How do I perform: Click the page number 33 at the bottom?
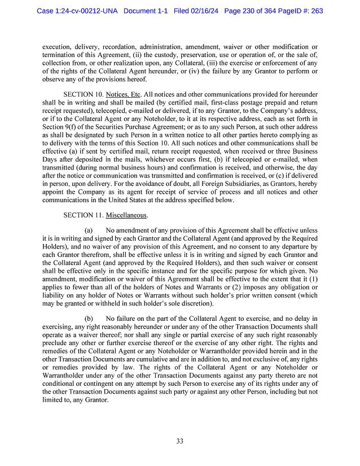(179, 441)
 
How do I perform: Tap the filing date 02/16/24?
(194, 11)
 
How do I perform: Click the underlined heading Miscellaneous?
(127, 215)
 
